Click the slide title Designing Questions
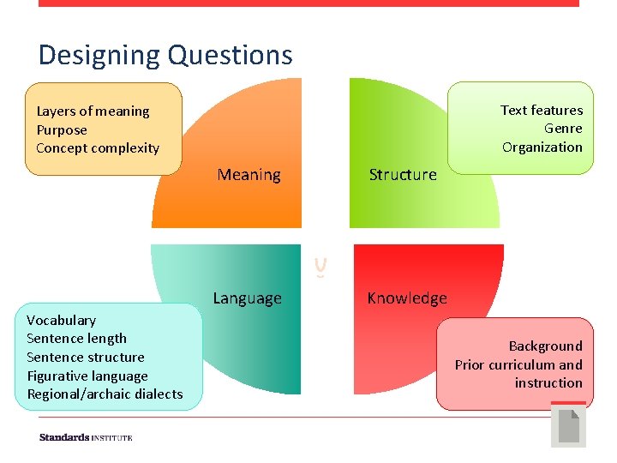point(165,55)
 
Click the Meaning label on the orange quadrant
point(249,175)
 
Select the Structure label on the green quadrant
point(402,175)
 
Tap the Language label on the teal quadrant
point(247,298)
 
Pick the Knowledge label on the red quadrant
point(406,298)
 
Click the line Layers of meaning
point(93,111)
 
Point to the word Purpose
point(62,130)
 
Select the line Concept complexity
point(98,148)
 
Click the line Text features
point(541,111)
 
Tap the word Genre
point(563,129)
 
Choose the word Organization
point(542,147)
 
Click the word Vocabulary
point(61,321)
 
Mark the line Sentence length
point(76,339)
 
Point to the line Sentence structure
point(85,358)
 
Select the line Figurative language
point(87,376)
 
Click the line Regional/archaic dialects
point(105,394)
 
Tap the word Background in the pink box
point(545,346)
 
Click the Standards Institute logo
point(86,437)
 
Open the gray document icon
point(568,426)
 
